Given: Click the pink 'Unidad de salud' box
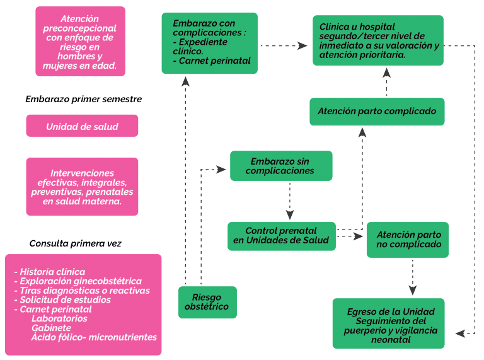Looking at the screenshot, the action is click(x=82, y=125).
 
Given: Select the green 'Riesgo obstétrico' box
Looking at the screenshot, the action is click(x=207, y=302).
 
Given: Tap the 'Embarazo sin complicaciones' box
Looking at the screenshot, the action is click(x=281, y=166).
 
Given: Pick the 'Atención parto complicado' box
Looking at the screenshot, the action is click(x=377, y=112).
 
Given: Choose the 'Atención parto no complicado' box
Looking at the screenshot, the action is click(x=408, y=240).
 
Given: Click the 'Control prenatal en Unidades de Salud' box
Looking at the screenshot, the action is click(x=282, y=236).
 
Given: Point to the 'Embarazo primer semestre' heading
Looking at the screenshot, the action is click(x=84, y=99).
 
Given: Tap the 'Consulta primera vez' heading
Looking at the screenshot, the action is click(x=76, y=243).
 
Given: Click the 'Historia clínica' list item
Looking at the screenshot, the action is click(x=50, y=272).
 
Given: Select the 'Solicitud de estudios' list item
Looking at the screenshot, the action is click(x=62, y=300).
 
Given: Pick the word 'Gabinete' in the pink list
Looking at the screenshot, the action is click(x=51, y=328).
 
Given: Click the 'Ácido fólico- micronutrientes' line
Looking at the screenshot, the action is click(x=94, y=337).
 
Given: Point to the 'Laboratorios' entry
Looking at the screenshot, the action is click(x=59, y=318).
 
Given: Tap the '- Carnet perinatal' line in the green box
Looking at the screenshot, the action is click(x=212, y=61).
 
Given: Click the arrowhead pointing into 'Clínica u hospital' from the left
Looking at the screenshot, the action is click(x=302, y=45).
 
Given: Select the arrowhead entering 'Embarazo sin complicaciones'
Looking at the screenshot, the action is click(x=221, y=170).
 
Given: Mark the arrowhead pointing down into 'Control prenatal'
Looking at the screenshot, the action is click(x=290, y=214).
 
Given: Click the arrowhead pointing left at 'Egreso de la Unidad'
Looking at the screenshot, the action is click(x=460, y=334).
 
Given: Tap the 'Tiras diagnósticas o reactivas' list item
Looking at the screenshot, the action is click(x=82, y=291).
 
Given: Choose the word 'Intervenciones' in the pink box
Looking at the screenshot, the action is click(x=82, y=173).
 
